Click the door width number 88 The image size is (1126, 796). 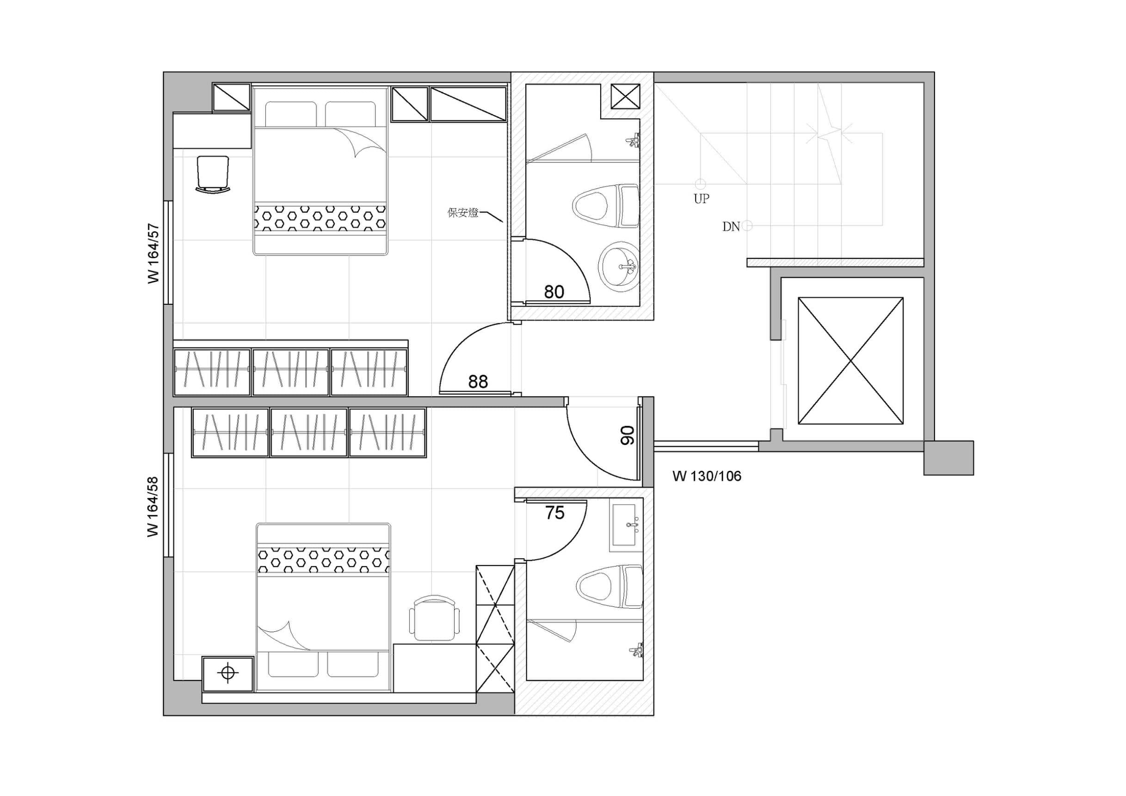click(x=478, y=382)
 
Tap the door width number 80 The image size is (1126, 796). click(x=554, y=292)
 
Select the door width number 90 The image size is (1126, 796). click(x=627, y=435)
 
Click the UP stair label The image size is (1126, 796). click(x=701, y=198)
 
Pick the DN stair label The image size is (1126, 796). click(x=731, y=227)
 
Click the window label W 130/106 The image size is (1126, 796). click(x=707, y=476)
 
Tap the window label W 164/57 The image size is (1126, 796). click(x=154, y=253)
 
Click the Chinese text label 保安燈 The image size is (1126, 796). click(x=462, y=213)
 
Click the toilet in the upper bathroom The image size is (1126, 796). click(x=606, y=206)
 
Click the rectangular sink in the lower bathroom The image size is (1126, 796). click(x=626, y=525)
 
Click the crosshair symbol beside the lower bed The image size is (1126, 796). click(x=228, y=673)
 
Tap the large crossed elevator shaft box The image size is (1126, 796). click(x=850, y=360)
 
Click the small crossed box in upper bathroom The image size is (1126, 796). click(x=625, y=96)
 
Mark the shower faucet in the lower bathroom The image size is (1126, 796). click(x=636, y=651)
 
